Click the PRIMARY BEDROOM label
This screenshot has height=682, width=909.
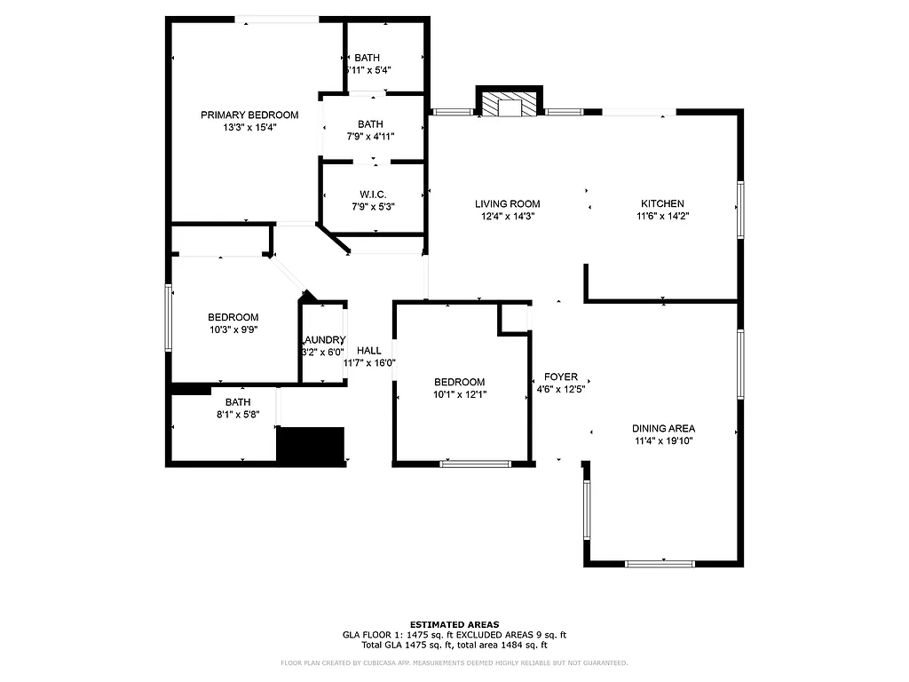pyautogui.click(x=249, y=115)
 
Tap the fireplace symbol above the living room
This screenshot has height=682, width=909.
pyautogui.click(x=510, y=105)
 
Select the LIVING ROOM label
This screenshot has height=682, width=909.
pyautogui.click(x=507, y=203)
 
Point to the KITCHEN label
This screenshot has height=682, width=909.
pyautogui.click(x=662, y=203)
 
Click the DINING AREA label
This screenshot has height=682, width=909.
pyautogui.click(x=663, y=428)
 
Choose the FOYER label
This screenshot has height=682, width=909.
pyautogui.click(x=561, y=377)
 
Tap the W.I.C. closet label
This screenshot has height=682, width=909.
pyautogui.click(x=373, y=194)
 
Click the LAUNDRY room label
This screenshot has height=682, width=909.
pyautogui.click(x=323, y=340)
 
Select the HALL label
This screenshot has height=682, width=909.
pyautogui.click(x=369, y=351)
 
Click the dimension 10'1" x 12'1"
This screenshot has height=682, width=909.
pyautogui.click(x=459, y=394)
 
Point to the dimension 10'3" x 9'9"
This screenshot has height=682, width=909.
pyautogui.click(x=233, y=329)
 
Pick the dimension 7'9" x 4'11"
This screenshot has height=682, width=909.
pyautogui.click(x=370, y=136)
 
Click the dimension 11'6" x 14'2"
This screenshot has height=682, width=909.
pyautogui.click(x=662, y=216)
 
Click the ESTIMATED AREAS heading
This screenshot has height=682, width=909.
pyautogui.click(x=454, y=624)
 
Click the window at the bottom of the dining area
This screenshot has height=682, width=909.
pyautogui.click(x=660, y=563)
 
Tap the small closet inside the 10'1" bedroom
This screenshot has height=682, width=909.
pyautogui.click(x=513, y=319)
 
